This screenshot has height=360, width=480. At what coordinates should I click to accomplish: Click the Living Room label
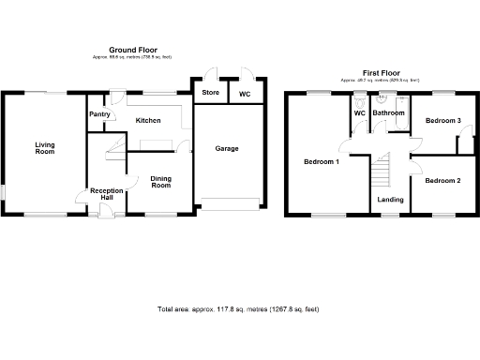(x=45, y=149)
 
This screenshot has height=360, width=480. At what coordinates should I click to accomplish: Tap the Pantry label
(x=99, y=115)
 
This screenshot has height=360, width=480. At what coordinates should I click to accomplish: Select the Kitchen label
(x=148, y=120)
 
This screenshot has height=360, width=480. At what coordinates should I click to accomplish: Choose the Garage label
(x=227, y=149)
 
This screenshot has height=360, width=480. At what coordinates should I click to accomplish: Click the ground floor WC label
(x=245, y=94)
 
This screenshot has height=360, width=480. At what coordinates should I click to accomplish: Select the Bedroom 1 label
(x=322, y=161)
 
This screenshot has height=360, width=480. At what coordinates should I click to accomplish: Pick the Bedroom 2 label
(x=443, y=179)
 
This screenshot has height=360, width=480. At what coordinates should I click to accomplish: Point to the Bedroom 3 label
(x=443, y=121)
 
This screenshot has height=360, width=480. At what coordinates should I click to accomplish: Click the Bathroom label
(x=389, y=113)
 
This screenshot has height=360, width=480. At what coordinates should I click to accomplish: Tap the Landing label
(x=391, y=200)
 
